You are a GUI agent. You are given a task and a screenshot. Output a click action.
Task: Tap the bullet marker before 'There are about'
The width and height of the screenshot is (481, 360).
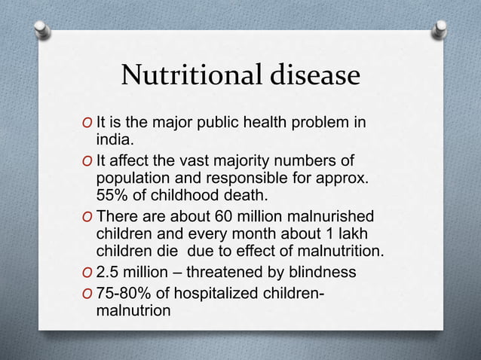click(89, 216)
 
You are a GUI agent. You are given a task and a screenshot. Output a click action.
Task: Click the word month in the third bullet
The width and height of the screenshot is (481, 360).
click(265, 233)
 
